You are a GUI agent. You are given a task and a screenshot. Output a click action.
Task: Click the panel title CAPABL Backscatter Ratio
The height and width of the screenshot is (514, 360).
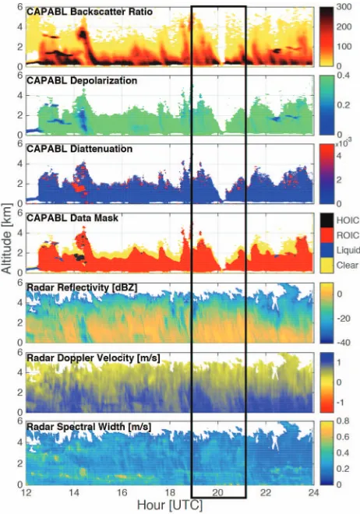point(90,12)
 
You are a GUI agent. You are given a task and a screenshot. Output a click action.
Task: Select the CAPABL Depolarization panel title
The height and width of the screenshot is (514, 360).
point(82,81)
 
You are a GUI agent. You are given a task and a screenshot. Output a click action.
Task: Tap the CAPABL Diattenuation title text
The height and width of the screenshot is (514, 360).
point(79,149)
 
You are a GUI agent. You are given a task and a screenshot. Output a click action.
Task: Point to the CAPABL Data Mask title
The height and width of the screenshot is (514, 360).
point(72,217)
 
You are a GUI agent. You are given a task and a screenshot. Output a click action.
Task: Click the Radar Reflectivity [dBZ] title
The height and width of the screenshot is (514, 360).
point(82,287)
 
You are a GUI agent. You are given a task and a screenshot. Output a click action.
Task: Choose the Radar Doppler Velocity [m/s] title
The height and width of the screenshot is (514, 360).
point(93,357)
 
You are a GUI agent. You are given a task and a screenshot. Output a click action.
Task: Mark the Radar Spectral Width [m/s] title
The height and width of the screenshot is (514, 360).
point(89,427)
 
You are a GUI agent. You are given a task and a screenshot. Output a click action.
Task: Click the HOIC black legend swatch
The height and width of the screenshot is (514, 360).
point(326,220)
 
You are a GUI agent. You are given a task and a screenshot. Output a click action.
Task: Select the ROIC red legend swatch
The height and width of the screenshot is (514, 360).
point(326,235)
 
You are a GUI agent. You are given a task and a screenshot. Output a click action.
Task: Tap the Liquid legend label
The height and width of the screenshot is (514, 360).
point(348,251)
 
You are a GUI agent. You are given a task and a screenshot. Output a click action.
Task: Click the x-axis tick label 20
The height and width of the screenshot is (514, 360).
point(217,492)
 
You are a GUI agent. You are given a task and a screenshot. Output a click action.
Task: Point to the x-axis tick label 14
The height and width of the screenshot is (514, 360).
point(74,492)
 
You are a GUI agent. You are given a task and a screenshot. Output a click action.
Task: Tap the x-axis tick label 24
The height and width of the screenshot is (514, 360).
point(314,492)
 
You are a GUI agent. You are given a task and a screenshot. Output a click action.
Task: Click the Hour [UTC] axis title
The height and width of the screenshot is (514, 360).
point(170,505)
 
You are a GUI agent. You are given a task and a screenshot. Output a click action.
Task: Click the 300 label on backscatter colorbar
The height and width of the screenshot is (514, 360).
point(344,6)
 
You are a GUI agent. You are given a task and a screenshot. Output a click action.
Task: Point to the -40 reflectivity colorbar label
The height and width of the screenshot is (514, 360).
point(344,343)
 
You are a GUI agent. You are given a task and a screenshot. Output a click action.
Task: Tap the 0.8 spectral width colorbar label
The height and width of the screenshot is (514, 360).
point(343,421)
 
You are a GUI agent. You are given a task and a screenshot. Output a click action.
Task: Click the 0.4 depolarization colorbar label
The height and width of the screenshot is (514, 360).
point(344,76)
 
